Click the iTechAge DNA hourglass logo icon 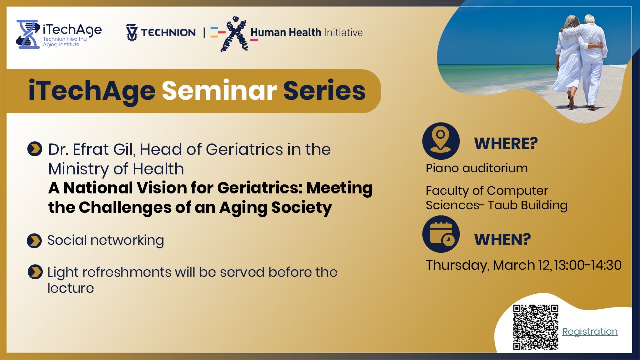pos(28,34)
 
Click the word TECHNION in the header pos(168,33)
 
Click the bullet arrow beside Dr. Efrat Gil pos(34,149)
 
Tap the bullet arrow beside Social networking pos(34,241)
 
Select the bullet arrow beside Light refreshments pos(34,272)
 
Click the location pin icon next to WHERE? pos(440,141)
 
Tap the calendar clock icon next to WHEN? pos(440,234)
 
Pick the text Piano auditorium pos(476,168)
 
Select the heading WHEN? pos(502,240)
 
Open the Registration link pos(590,332)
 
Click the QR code pos(535,327)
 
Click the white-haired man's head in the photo pos(590,20)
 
